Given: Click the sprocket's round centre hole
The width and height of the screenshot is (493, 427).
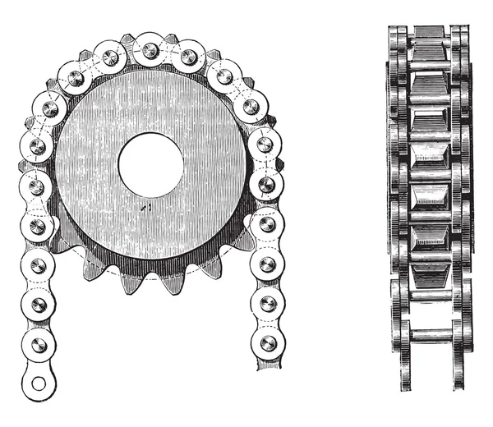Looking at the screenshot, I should [x=150, y=158].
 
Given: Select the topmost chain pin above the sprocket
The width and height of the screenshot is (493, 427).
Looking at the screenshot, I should [x=150, y=51].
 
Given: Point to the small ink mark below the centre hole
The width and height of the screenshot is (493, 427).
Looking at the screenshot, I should [x=145, y=209].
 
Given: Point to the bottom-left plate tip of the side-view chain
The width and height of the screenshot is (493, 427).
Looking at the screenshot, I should [x=403, y=383].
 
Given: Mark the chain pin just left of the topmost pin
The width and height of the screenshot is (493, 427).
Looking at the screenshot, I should [x=109, y=58].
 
